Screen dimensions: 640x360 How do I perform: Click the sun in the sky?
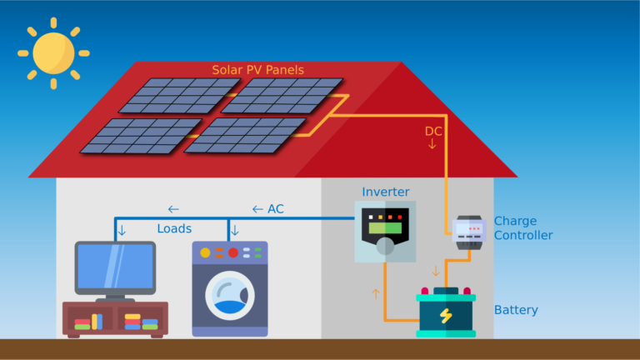[x=53, y=53]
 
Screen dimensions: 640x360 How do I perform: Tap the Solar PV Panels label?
[x=258, y=70]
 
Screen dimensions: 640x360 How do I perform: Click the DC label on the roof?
[x=433, y=131]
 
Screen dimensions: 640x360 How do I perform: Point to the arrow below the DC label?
[x=432, y=144]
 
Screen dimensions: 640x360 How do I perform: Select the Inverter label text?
[x=386, y=192]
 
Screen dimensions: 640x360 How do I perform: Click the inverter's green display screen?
[x=385, y=227]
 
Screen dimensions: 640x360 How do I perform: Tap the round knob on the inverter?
[x=385, y=246]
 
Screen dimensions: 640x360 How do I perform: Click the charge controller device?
[x=469, y=232]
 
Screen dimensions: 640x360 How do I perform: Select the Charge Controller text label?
[x=523, y=227]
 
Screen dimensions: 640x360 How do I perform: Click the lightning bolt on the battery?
[x=446, y=316]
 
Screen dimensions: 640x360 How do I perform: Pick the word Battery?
[x=516, y=310]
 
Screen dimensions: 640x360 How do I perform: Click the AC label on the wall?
[x=276, y=209]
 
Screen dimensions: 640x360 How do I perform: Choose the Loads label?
[x=174, y=228]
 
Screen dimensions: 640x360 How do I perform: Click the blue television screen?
[x=115, y=267]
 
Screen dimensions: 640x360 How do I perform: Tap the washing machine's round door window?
[x=230, y=296]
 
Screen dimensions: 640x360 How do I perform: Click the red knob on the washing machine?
[x=233, y=252]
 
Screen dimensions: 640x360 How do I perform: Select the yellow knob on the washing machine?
[x=205, y=252]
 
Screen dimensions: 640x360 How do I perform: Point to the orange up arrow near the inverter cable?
[x=376, y=294]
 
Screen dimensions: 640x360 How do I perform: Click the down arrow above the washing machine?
[x=235, y=231]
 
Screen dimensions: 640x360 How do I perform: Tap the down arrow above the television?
[x=122, y=231]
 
